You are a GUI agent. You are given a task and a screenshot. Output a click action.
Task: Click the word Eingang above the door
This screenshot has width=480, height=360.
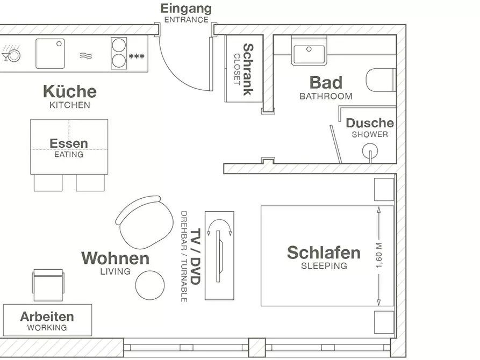click(x=186, y=9)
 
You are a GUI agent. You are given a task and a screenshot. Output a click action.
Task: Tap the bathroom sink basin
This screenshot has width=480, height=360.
click(x=309, y=54)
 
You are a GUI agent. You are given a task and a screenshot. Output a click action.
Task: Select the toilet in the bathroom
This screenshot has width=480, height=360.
click(x=381, y=80)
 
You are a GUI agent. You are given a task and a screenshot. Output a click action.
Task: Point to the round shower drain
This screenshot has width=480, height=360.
click(x=370, y=150)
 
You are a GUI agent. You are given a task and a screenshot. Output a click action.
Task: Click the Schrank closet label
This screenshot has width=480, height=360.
click(x=248, y=69)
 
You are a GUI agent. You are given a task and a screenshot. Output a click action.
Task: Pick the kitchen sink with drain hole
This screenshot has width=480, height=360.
click(x=50, y=54)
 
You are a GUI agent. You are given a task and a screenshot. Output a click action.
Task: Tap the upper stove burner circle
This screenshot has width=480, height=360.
click(x=119, y=45)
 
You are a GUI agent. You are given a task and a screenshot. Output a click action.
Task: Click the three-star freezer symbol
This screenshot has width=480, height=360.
click(x=137, y=56)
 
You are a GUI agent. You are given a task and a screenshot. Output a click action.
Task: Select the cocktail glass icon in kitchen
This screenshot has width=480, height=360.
click(x=5, y=56)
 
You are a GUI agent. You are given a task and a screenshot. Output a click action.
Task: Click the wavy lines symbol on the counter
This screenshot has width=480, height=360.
click(x=85, y=56)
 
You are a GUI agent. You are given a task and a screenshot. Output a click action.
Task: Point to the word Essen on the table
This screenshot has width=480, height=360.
click(x=69, y=143)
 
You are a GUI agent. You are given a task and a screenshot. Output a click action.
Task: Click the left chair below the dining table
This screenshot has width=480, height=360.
click(x=48, y=183)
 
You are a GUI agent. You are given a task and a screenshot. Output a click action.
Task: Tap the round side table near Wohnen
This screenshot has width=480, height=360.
click(x=150, y=285)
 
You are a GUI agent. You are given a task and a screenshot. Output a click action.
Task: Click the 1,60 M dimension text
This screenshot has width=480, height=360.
click(x=379, y=256)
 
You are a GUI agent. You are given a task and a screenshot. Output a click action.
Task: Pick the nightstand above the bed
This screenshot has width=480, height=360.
click(x=384, y=190)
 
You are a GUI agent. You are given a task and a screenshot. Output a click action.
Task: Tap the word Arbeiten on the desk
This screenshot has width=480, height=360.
click(x=47, y=316)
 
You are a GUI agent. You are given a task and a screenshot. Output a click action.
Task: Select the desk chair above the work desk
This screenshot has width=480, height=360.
click(x=48, y=285)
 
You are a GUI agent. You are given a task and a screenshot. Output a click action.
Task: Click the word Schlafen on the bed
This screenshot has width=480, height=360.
click(x=324, y=253)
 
